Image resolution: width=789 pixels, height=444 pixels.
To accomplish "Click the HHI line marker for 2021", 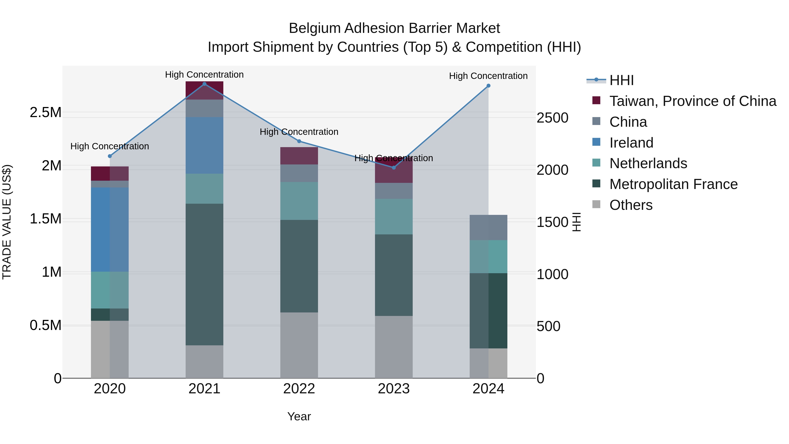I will tap(205, 84).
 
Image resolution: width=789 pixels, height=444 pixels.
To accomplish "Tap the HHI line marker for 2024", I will tap(489, 86).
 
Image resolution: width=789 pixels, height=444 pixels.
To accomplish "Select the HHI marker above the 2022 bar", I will tap(299, 141).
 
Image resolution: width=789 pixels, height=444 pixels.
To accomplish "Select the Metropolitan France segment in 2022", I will tap(299, 266).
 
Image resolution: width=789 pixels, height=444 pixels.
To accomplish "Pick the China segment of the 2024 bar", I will tap(489, 227).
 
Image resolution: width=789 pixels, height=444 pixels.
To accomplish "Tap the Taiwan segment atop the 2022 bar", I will tap(299, 156).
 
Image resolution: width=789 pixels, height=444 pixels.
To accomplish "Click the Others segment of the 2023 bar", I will tap(394, 347).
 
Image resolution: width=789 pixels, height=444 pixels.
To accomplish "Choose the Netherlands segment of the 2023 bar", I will tap(394, 217).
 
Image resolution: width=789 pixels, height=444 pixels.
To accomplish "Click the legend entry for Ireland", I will tap(631, 143).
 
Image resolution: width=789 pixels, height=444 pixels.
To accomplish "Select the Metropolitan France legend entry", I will tap(673, 184).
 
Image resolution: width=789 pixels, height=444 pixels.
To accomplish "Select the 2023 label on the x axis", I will tap(394, 389).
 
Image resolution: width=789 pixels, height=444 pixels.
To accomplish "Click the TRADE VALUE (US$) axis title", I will tap(7, 222).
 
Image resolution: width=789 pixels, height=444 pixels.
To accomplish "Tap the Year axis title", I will tap(299, 416).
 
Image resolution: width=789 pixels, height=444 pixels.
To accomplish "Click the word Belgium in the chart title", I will tap(315, 28).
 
